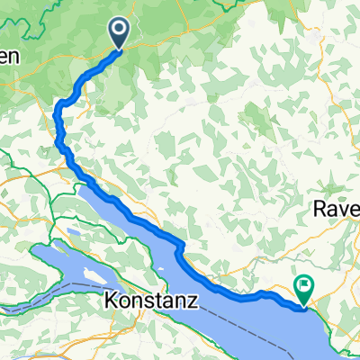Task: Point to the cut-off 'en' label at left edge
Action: click(8, 57)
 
